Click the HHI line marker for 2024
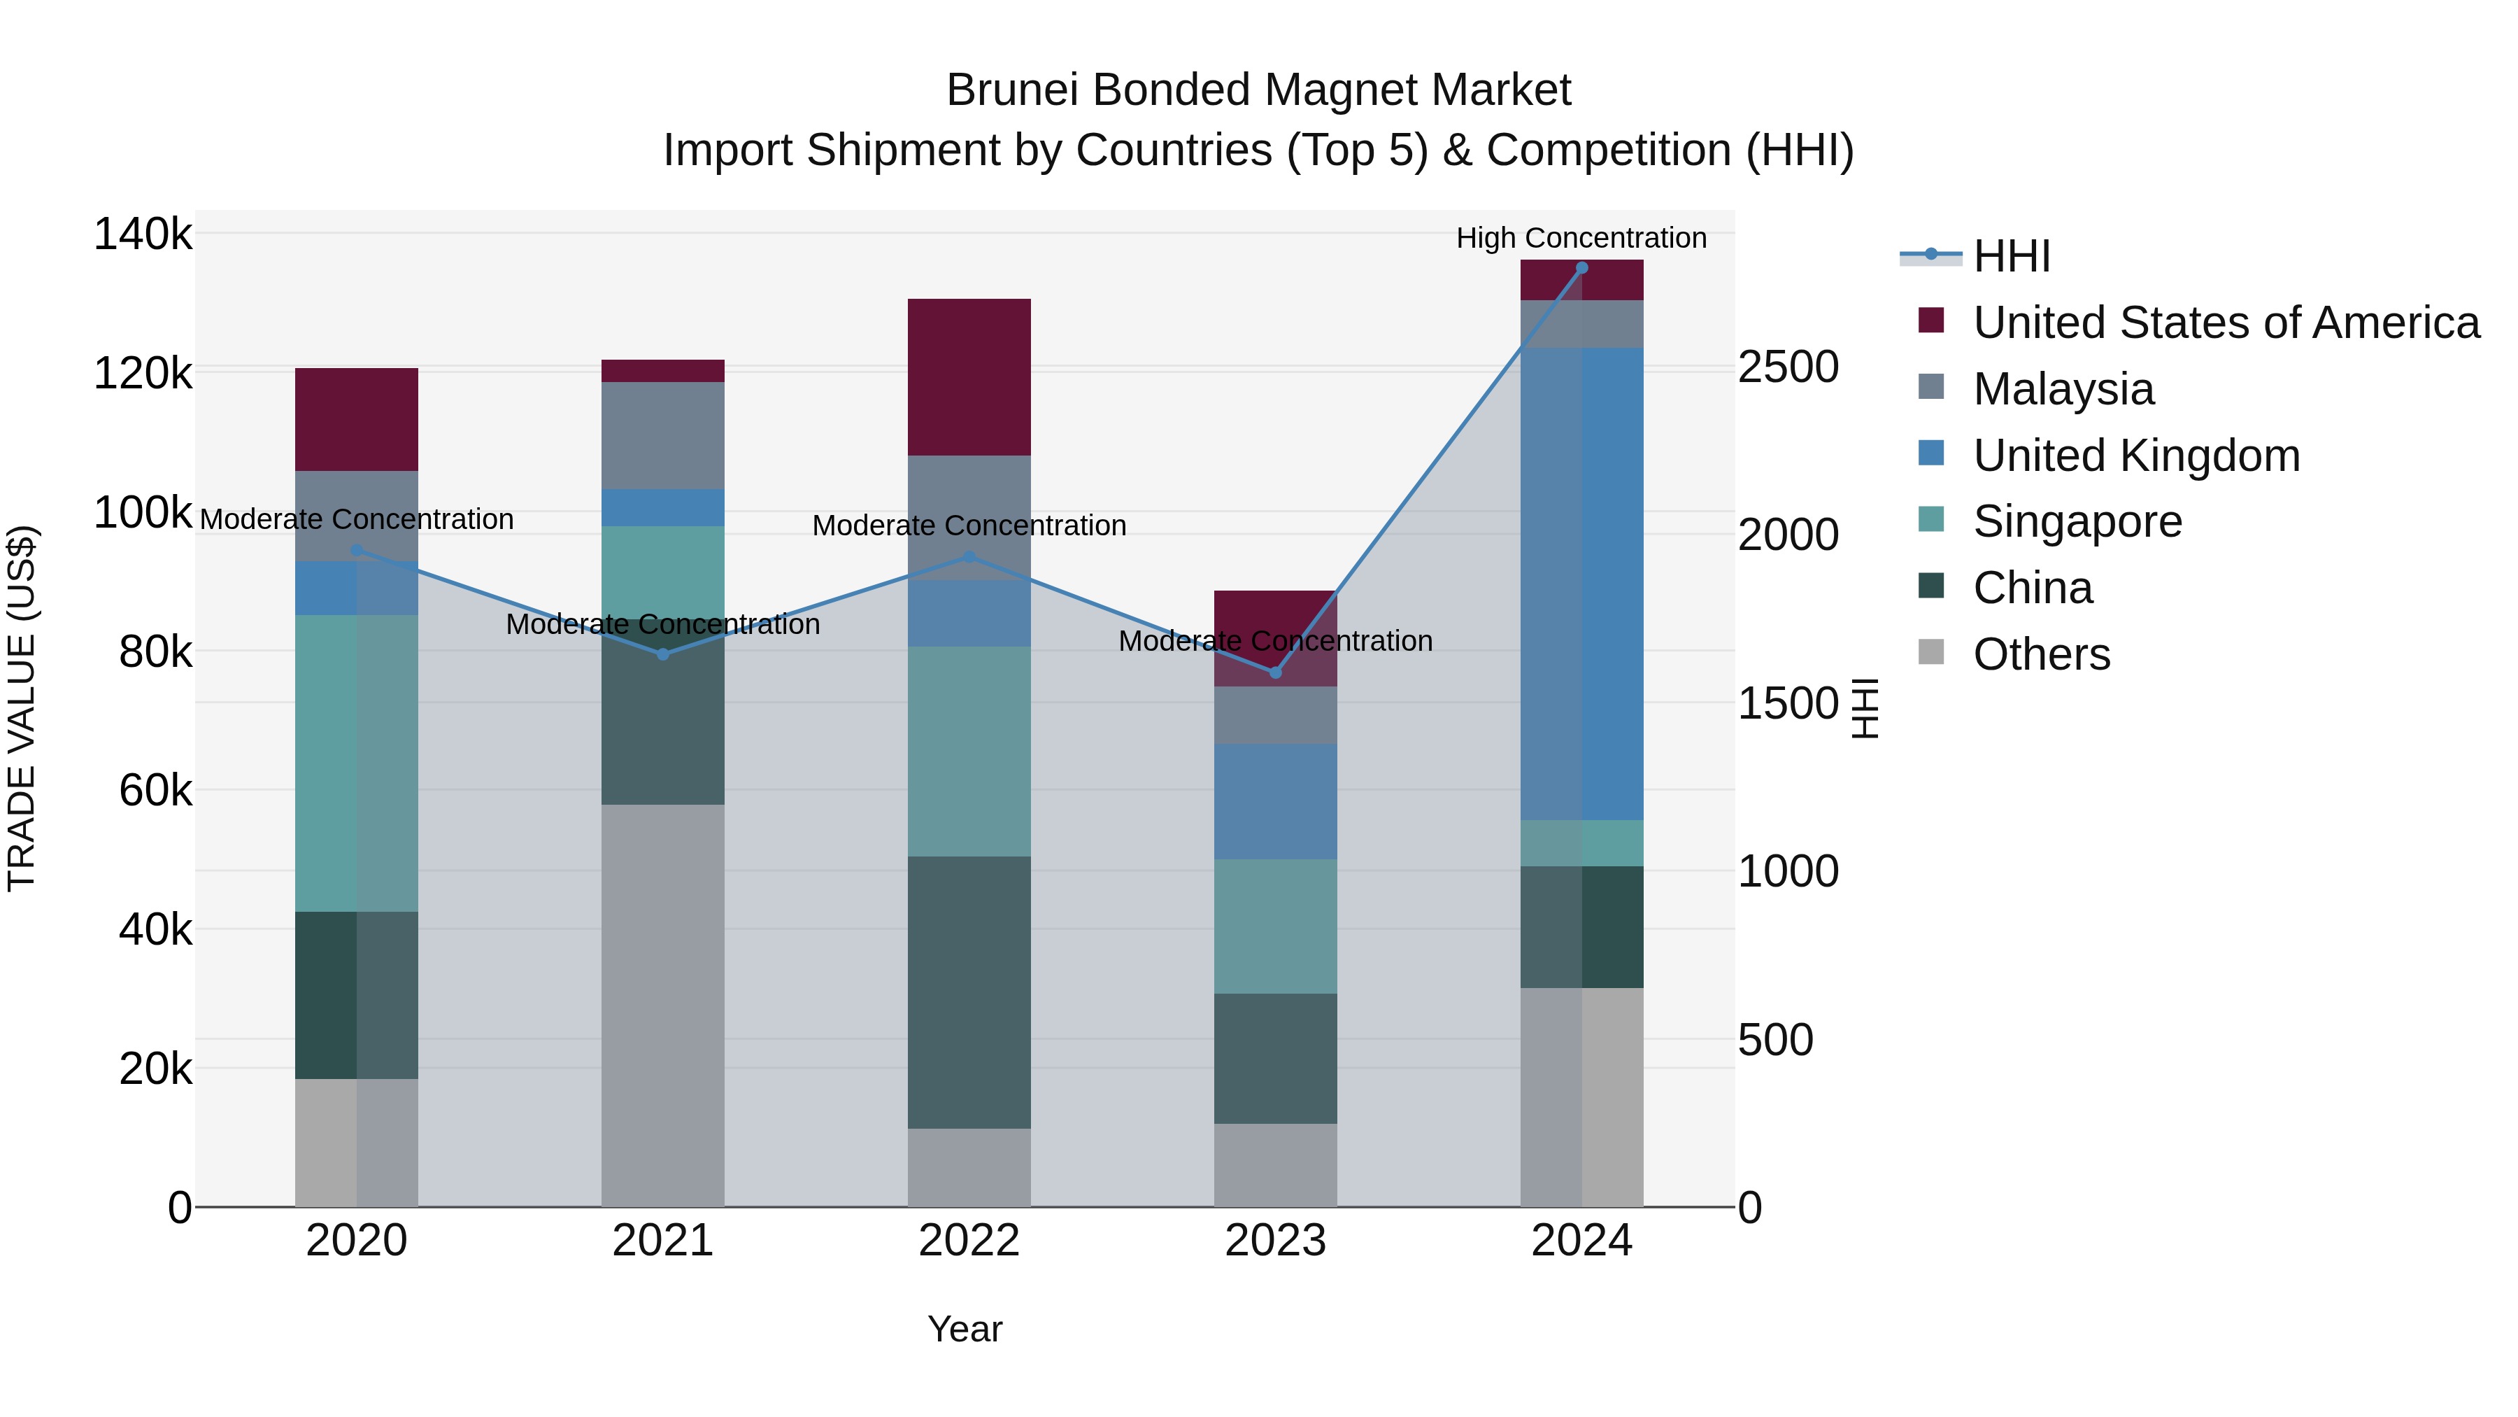(x=1581, y=268)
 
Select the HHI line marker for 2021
(x=663, y=654)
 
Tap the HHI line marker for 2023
(x=1274, y=672)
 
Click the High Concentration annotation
(x=1581, y=238)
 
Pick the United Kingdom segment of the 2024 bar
(x=1581, y=584)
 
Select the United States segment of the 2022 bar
(x=969, y=376)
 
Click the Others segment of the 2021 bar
(x=663, y=1006)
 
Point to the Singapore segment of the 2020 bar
(x=356, y=763)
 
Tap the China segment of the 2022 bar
(x=969, y=992)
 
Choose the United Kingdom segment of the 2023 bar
(x=1274, y=802)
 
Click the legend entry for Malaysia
(x=2063, y=389)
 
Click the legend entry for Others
(x=2041, y=654)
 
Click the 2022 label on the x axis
(x=969, y=1241)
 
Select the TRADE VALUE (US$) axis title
(x=22, y=708)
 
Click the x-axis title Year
(x=965, y=1329)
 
